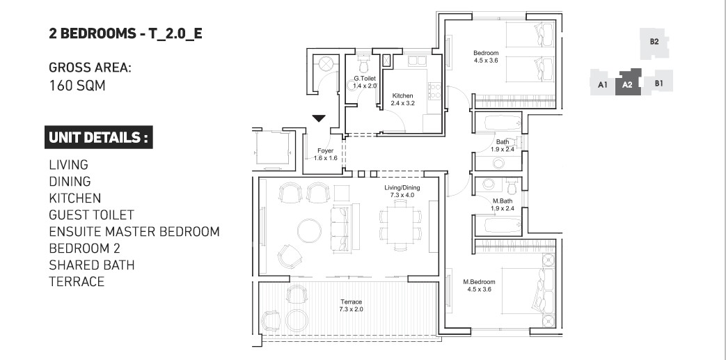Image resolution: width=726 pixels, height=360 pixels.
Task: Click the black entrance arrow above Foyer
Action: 319,119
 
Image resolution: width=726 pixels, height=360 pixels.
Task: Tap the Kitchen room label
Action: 402,100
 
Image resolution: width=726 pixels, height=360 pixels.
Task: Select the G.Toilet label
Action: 365,82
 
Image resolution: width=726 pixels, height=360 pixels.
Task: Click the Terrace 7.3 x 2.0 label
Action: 351,306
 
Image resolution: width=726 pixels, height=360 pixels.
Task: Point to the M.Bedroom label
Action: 478,285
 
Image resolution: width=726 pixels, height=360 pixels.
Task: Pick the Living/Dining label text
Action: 401,192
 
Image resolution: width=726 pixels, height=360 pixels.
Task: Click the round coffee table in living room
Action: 309,230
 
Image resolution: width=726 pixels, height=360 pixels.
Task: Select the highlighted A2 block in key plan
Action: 626,83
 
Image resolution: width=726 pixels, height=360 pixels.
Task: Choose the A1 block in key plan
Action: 603,85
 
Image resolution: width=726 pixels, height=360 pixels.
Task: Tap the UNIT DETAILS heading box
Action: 98,137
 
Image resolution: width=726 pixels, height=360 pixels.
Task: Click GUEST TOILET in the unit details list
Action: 91,215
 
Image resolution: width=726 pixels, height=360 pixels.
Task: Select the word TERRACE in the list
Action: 77,281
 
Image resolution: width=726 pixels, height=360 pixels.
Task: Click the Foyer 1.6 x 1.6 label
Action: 325,155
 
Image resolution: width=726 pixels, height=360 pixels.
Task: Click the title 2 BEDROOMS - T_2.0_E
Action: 125,33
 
